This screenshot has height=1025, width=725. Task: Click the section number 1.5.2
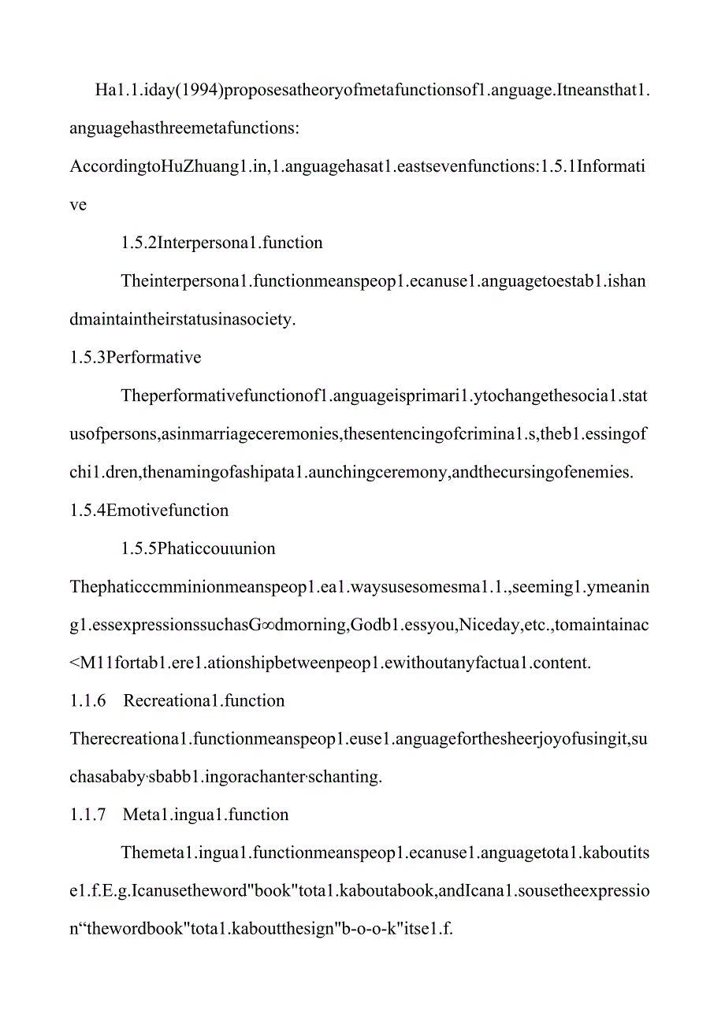click(x=139, y=243)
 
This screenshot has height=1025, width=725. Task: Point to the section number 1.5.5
click(x=139, y=548)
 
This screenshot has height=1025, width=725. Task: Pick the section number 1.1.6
click(x=87, y=701)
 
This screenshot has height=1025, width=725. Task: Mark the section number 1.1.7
click(x=87, y=815)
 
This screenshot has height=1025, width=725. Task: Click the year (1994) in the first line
click(x=197, y=90)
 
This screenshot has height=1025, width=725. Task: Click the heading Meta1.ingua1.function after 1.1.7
click(x=206, y=815)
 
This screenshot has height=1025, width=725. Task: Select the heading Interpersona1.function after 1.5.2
click(x=240, y=243)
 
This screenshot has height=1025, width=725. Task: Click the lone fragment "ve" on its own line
click(x=78, y=205)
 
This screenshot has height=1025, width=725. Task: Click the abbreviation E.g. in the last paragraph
click(x=116, y=891)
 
